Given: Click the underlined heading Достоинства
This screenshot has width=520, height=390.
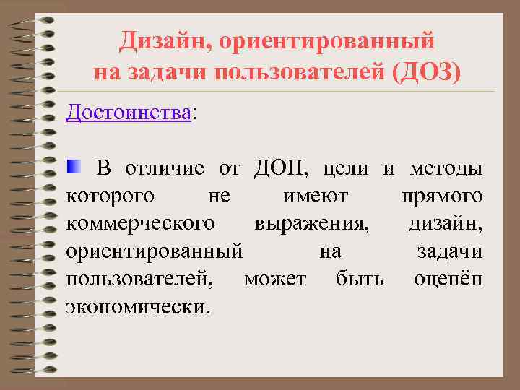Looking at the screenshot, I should pyautogui.click(x=129, y=112).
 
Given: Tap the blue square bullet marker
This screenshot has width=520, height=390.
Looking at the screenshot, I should pyautogui.click(x=75, y=168).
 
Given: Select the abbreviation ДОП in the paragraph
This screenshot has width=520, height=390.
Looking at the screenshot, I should pyautogui.click(x=282, y=169).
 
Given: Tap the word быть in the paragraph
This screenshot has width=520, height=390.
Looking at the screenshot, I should pyautogui.click(x=360, y=278).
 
